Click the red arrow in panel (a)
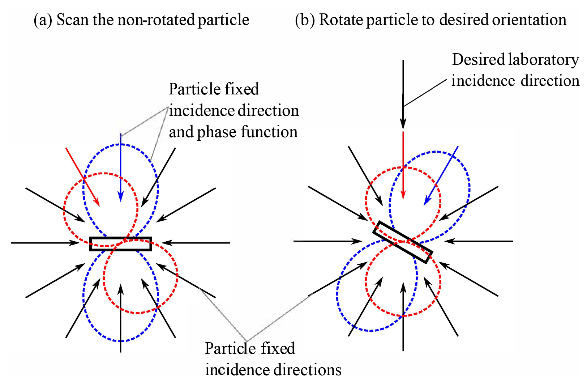coord(82,177)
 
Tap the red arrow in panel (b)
coord(403,165)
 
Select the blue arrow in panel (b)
coord(441,176)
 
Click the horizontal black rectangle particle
coord(120,244)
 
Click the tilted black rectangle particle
coord(402,242)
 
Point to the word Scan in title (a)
coord(72,20)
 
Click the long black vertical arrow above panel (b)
coord(403,94)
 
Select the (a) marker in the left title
coord(43,20)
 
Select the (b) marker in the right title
coord(305,20)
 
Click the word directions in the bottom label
coord(307,370)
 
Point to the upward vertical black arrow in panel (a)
coord(120,318)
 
